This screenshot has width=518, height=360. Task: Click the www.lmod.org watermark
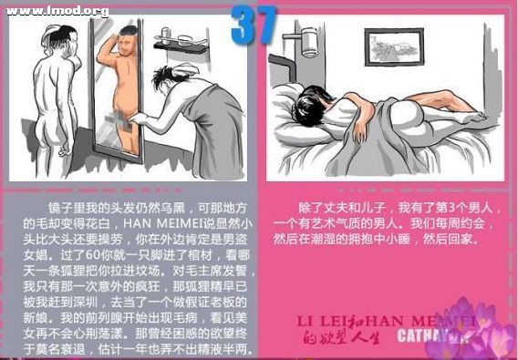coord(57,11)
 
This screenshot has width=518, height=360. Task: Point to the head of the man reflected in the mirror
coord(128,43)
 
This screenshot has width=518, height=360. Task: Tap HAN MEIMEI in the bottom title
coord(424,320)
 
